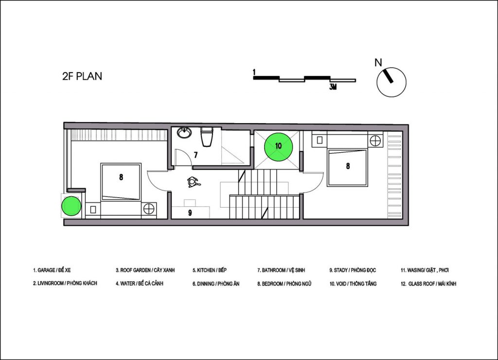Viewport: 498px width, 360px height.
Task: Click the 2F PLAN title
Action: click(82, 76)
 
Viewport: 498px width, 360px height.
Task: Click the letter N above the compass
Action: click(378, 63)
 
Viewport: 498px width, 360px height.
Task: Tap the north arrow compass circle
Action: click(391, 82)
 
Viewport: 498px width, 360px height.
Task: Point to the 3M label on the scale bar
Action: click(333, 87)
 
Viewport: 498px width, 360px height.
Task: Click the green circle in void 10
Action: click(279, 146)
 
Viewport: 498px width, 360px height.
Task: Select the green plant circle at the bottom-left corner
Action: click(71, 206)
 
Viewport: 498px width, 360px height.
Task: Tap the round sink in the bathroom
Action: click(184, 132)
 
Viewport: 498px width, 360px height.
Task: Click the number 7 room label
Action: click(196, 155)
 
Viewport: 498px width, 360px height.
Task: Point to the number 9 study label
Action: click(190, 213)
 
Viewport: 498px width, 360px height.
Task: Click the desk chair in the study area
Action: click(193, 182)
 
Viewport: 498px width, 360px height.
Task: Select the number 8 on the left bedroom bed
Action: click(121, 177)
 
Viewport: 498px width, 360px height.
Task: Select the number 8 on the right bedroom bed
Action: click(348, 166)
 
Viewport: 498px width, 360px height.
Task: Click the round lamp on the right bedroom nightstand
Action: click(375, 140)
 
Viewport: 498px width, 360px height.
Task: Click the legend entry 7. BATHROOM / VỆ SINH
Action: click(281, 270)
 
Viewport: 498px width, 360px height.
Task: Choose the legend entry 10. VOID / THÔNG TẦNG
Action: click(353, 284)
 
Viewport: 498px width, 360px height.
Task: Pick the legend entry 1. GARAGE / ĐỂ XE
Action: click(52, 270)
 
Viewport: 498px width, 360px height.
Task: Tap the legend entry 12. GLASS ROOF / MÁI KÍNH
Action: click(428, 284)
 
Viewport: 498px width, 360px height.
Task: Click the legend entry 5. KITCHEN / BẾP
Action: click(210, 270)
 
